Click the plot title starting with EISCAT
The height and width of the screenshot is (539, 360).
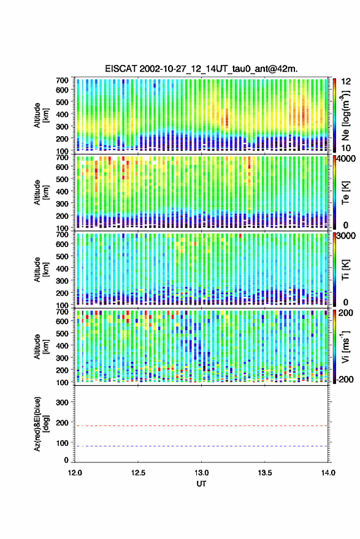click(202, 69)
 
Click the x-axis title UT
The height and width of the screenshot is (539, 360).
click(202, 484)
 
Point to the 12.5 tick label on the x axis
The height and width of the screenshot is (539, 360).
click(138, 473)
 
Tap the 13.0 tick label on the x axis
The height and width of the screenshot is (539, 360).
click(202, 473)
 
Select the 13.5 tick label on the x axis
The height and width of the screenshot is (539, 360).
click(265, 473)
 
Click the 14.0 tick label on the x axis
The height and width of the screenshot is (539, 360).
click(328, 473)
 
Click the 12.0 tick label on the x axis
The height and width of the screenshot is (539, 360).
click(75, 473)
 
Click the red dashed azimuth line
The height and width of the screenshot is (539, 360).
click(201, 426)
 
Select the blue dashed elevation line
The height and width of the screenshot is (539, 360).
click(201, 446)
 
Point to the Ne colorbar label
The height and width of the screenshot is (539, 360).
click(346, 115)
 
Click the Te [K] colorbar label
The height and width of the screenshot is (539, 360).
click(346, 193)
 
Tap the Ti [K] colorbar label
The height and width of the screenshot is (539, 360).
click(346, 270)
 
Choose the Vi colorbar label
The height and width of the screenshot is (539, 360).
click(346, 346)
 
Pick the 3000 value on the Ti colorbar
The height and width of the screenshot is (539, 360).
click(346, 237)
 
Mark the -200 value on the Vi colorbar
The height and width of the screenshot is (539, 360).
click(344, 380)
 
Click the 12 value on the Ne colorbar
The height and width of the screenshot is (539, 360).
click(346, 82)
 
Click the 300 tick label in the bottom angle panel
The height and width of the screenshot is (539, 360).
click(62, 402)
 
